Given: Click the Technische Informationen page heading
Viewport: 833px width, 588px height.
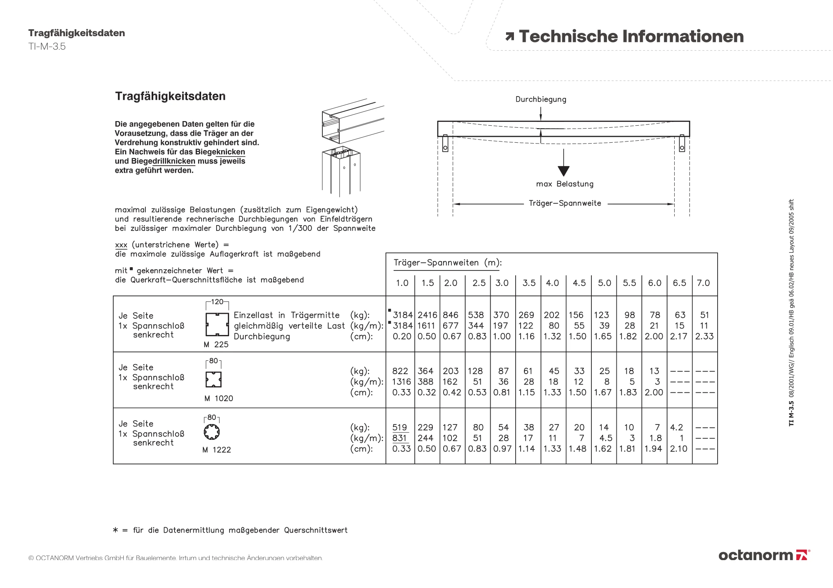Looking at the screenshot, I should point(631,37).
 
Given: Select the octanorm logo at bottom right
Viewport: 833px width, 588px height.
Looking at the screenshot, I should point(763,555).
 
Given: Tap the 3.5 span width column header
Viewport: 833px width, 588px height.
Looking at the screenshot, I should point(529,283).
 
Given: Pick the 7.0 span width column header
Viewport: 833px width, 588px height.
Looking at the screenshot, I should point(703,283).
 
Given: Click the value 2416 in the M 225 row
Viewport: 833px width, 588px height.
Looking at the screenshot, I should point(427,315).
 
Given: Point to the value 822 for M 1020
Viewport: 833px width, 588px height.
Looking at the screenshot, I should point(401,371).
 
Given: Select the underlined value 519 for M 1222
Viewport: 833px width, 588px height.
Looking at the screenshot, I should point(400,427).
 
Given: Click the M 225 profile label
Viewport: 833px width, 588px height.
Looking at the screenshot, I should point(216,345).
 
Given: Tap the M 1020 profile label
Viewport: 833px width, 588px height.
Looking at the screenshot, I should point(219,399).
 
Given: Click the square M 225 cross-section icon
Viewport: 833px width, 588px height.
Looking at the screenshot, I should point(217,325).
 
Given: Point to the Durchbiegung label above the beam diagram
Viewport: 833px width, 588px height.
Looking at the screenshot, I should point(541,99).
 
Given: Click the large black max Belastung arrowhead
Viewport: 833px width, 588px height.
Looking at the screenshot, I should point(564,171).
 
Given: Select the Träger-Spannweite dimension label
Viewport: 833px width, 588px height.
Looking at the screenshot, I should point(565,203).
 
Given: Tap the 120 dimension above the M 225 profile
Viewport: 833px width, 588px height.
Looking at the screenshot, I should point(217,302).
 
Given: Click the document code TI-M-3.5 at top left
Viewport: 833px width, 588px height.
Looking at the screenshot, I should point(47,47).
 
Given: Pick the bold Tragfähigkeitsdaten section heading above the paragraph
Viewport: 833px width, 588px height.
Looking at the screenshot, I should point(170,96).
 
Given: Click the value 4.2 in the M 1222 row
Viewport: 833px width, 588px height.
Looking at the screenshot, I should point(676,427).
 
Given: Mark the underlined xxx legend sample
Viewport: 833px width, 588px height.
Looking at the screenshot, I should point(121,245).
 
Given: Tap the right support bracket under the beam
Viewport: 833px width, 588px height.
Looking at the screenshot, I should point(682,143).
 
